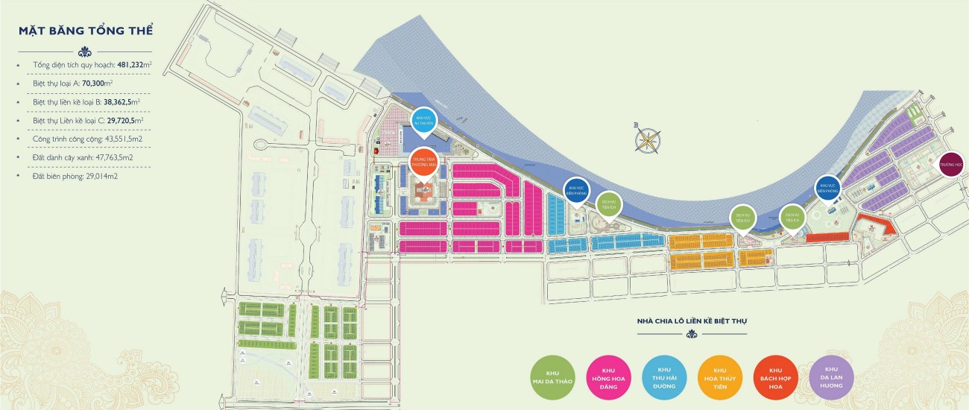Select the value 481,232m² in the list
point(134,66)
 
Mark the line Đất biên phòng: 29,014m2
point(75,176)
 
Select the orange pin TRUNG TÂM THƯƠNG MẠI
point(424,164)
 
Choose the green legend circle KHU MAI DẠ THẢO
point(552,377)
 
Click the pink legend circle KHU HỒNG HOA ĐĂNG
point(609,377)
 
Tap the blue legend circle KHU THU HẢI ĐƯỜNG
point(665,377)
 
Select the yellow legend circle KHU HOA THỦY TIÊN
point(721,377)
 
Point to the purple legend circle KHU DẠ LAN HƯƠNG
point(833,377)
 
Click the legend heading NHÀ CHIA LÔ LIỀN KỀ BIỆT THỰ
point(692,321)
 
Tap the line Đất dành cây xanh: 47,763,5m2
point(83,157)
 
